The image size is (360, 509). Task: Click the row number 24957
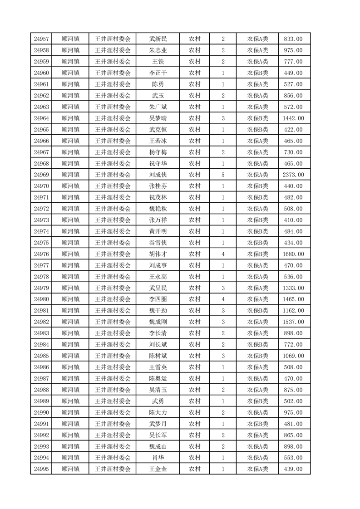point(41,39)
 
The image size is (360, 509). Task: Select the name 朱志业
point(158,50)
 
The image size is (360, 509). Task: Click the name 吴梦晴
point(158,118)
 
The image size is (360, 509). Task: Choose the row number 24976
point(41,254)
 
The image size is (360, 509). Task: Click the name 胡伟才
point(158,254)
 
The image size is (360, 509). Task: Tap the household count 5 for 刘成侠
point(223,175)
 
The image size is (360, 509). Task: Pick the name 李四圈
point(158,299)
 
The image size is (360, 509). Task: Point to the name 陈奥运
point(158,378)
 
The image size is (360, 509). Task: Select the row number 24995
point(41,469)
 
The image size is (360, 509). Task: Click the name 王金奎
point(158,469)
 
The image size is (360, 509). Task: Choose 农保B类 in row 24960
point(257,73)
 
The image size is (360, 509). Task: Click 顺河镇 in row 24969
point(70,175)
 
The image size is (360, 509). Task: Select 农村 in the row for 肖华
point(195,458)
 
